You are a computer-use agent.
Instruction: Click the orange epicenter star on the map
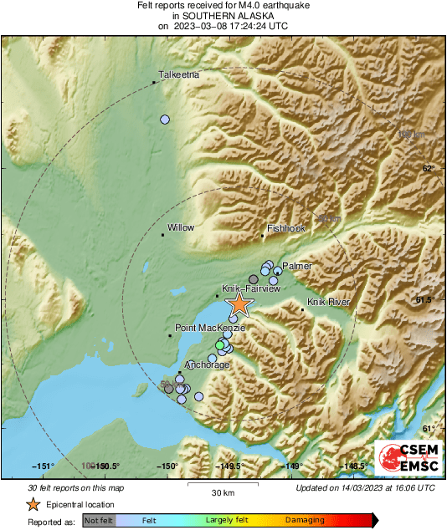click(239, 304)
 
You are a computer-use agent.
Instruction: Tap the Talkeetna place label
click(179, 75)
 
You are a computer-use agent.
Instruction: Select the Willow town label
click(181, 227)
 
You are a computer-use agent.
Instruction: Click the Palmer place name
click(296, 266)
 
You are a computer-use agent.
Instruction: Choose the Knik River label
click(327, 302)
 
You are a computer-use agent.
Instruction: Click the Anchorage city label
click(205, 365)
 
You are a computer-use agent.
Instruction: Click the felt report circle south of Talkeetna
click(165, 120)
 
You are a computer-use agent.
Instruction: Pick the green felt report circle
click(220, 345)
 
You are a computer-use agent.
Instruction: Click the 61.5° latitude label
click(427, 299)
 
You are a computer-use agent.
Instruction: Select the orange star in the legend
click(33, 504)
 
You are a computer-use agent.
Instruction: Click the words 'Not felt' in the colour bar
click(99, 521)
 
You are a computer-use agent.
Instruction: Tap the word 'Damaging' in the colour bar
click(305, 521)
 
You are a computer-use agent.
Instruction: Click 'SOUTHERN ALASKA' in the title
click(223, 16)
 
